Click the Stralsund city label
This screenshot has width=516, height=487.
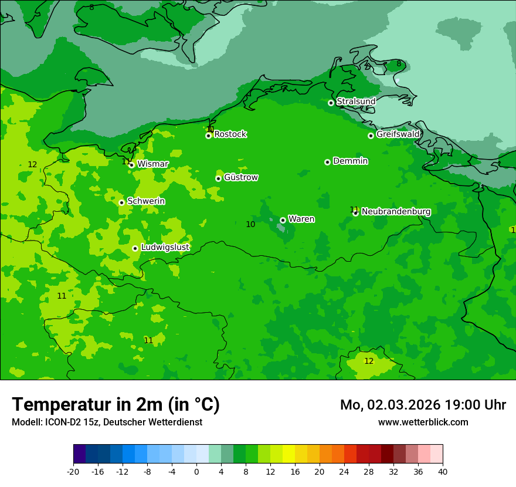[x=356, y=102]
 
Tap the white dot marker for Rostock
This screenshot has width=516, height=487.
[x=208, y=136]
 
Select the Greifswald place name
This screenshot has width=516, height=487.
[x=398, y=134]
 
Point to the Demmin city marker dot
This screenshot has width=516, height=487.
[x=327, y=162]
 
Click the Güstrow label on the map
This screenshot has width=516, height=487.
[x=241, y=177]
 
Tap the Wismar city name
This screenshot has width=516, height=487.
[x=152, y=164]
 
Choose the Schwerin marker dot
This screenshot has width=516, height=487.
[x=121, y=202]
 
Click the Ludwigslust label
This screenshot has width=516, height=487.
[x=165, y=247]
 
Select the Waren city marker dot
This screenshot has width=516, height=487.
[x=283, y=220]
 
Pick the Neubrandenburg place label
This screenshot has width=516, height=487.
[x=396, y=211]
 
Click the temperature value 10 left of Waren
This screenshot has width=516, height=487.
[x=250, y=224]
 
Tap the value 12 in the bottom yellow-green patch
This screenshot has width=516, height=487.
[x=369, y=361]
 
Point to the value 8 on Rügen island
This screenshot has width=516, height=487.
[x=399, y=63]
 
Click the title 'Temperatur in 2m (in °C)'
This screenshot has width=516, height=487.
[x=116, y=404]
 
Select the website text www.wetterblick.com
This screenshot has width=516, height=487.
[x=423, y=422]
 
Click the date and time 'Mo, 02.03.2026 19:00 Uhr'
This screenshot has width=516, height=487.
[x=423, y=405]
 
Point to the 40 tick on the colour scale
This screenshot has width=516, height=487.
[x=443, y=471]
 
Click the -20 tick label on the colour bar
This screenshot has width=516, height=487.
[x=73, y=471]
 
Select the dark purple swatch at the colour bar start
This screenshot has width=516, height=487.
[x=79, y=454]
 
